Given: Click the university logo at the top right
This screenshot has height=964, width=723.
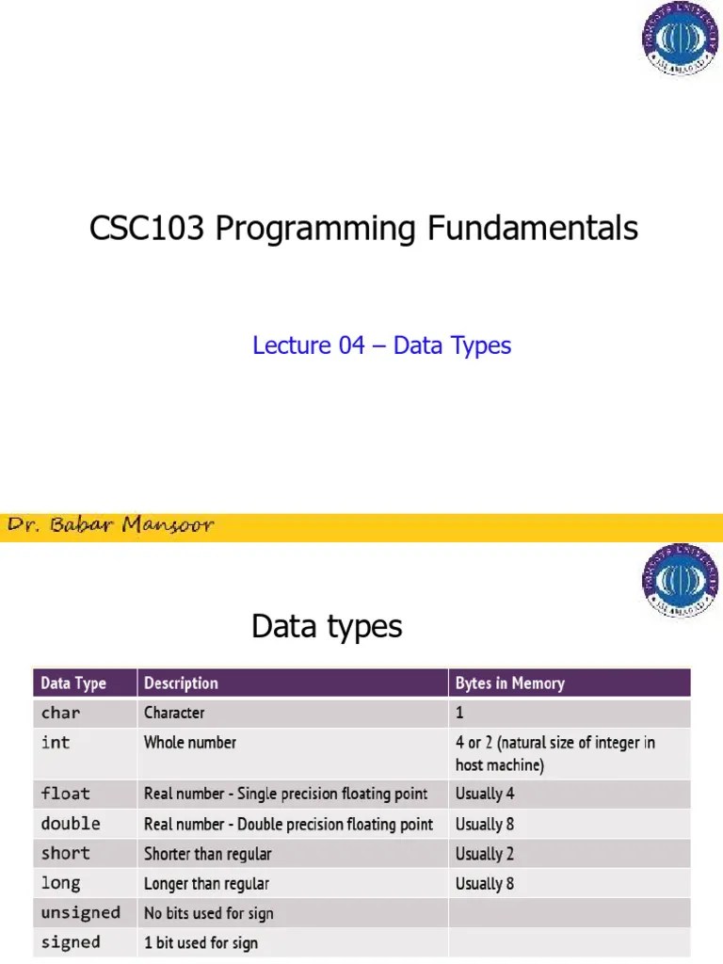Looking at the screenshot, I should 680,39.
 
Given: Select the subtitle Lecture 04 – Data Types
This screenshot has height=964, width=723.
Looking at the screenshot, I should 381,345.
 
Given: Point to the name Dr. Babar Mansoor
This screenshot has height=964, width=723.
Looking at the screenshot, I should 111,525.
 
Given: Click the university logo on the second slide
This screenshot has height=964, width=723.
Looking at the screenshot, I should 680,582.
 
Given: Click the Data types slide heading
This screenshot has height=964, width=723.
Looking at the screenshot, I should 327,626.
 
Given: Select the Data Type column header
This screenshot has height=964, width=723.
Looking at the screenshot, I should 73,683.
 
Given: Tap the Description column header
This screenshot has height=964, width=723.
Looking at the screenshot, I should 181,683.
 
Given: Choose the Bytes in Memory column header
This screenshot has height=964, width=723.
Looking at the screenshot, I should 509,683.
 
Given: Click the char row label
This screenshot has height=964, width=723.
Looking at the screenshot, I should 60,713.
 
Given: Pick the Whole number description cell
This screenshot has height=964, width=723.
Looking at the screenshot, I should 190,743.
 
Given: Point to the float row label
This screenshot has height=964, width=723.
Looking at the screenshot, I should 65,794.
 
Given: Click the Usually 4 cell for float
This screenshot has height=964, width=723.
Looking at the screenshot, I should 485,794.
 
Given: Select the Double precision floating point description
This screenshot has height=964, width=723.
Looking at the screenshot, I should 288,824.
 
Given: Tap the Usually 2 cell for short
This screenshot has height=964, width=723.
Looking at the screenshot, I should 485,854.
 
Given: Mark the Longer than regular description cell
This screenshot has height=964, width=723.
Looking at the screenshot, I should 206,883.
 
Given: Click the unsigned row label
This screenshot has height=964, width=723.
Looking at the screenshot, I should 81,913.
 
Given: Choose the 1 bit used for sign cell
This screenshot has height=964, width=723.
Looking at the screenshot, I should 201,942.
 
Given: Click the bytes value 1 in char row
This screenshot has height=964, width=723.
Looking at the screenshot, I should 460,713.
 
